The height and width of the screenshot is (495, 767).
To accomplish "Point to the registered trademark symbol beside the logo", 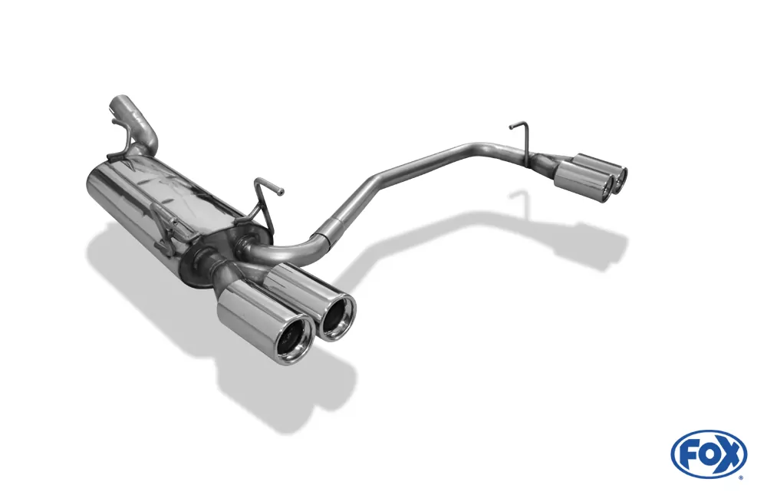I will click(x=741, y=477).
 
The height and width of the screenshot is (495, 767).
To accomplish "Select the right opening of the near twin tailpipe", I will click(x=338, y=317).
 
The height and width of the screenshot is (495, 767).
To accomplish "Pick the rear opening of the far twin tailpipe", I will click(x=620, y=177).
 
